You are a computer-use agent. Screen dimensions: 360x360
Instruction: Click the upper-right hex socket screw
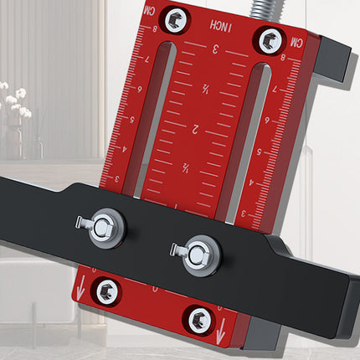pos(270,37)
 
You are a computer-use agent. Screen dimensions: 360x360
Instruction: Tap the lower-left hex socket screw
pos(106,291)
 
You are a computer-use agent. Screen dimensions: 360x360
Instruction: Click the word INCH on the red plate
pos(224,29)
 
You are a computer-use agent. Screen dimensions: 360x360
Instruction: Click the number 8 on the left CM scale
pos(154,28)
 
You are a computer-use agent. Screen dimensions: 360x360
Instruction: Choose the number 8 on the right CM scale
pos(284,59)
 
